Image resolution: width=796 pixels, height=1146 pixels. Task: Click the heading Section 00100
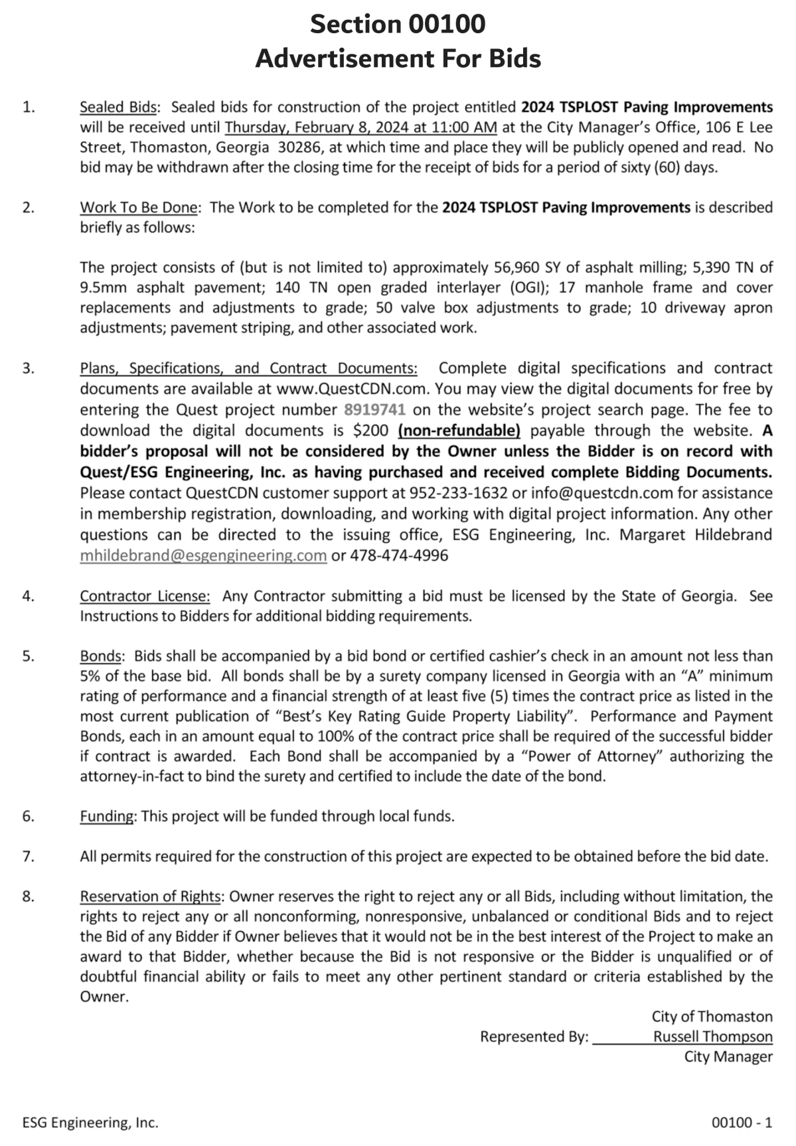click(398, 25)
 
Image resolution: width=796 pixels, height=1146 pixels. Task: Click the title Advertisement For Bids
click(398, 58)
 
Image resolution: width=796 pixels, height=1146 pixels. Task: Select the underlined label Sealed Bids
click(119, 107)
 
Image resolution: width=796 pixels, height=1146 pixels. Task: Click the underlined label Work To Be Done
click(139, 208)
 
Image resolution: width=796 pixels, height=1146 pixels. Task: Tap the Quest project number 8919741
click(374, 409)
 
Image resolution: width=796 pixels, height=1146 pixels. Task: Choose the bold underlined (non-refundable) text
click(459, 430)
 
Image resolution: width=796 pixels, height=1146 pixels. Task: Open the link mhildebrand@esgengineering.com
click(203, 555)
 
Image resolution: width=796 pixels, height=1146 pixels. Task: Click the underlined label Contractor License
click(145, 596)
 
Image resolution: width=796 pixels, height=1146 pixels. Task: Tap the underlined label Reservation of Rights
click(150, 896)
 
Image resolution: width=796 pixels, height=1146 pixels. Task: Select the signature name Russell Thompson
click(712, 1037)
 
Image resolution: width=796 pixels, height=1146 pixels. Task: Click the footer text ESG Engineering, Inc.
click(90, 1123)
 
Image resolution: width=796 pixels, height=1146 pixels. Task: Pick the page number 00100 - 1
click(742, 1123)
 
